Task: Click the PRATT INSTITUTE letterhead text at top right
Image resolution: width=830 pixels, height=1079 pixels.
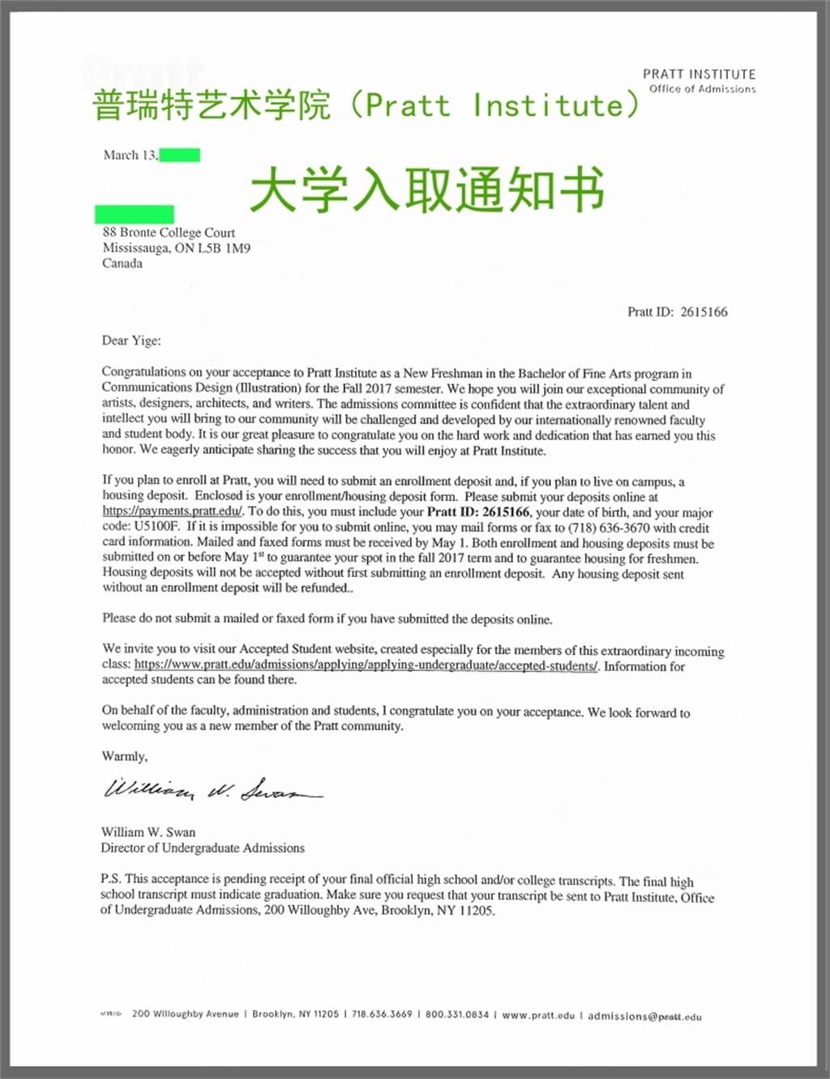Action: click(699, 74)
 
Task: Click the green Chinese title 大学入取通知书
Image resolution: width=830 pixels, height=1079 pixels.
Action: click(426, 190)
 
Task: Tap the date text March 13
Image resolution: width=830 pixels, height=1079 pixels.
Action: click(130, 155)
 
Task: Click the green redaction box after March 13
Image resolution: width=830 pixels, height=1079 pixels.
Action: click(180, 155)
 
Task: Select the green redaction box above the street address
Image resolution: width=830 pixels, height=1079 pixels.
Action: click(135, 214)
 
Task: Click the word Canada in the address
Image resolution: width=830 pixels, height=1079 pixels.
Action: click(122, 263)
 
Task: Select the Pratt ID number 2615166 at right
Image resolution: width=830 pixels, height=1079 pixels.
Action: click(704, 312)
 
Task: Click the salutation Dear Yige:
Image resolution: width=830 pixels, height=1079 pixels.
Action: click(131, 340)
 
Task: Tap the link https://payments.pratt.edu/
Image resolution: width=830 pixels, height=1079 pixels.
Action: click(173, 512)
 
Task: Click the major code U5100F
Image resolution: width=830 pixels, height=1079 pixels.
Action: click(156, 527)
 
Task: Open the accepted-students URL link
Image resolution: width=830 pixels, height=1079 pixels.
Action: click(366, 666)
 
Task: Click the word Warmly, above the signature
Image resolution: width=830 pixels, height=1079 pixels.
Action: click(125, 756)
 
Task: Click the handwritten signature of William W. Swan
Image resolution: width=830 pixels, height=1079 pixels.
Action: click(212, 789)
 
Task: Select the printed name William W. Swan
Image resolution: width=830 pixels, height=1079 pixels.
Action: click(148, 832)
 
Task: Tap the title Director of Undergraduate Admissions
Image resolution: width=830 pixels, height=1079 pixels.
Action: click(203, 848)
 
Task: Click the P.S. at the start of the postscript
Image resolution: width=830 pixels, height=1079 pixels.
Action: click(111, 879)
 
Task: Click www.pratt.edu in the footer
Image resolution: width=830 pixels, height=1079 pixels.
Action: click(538, 1015)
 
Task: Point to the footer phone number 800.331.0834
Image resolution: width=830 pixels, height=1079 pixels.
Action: click(457, 1014)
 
